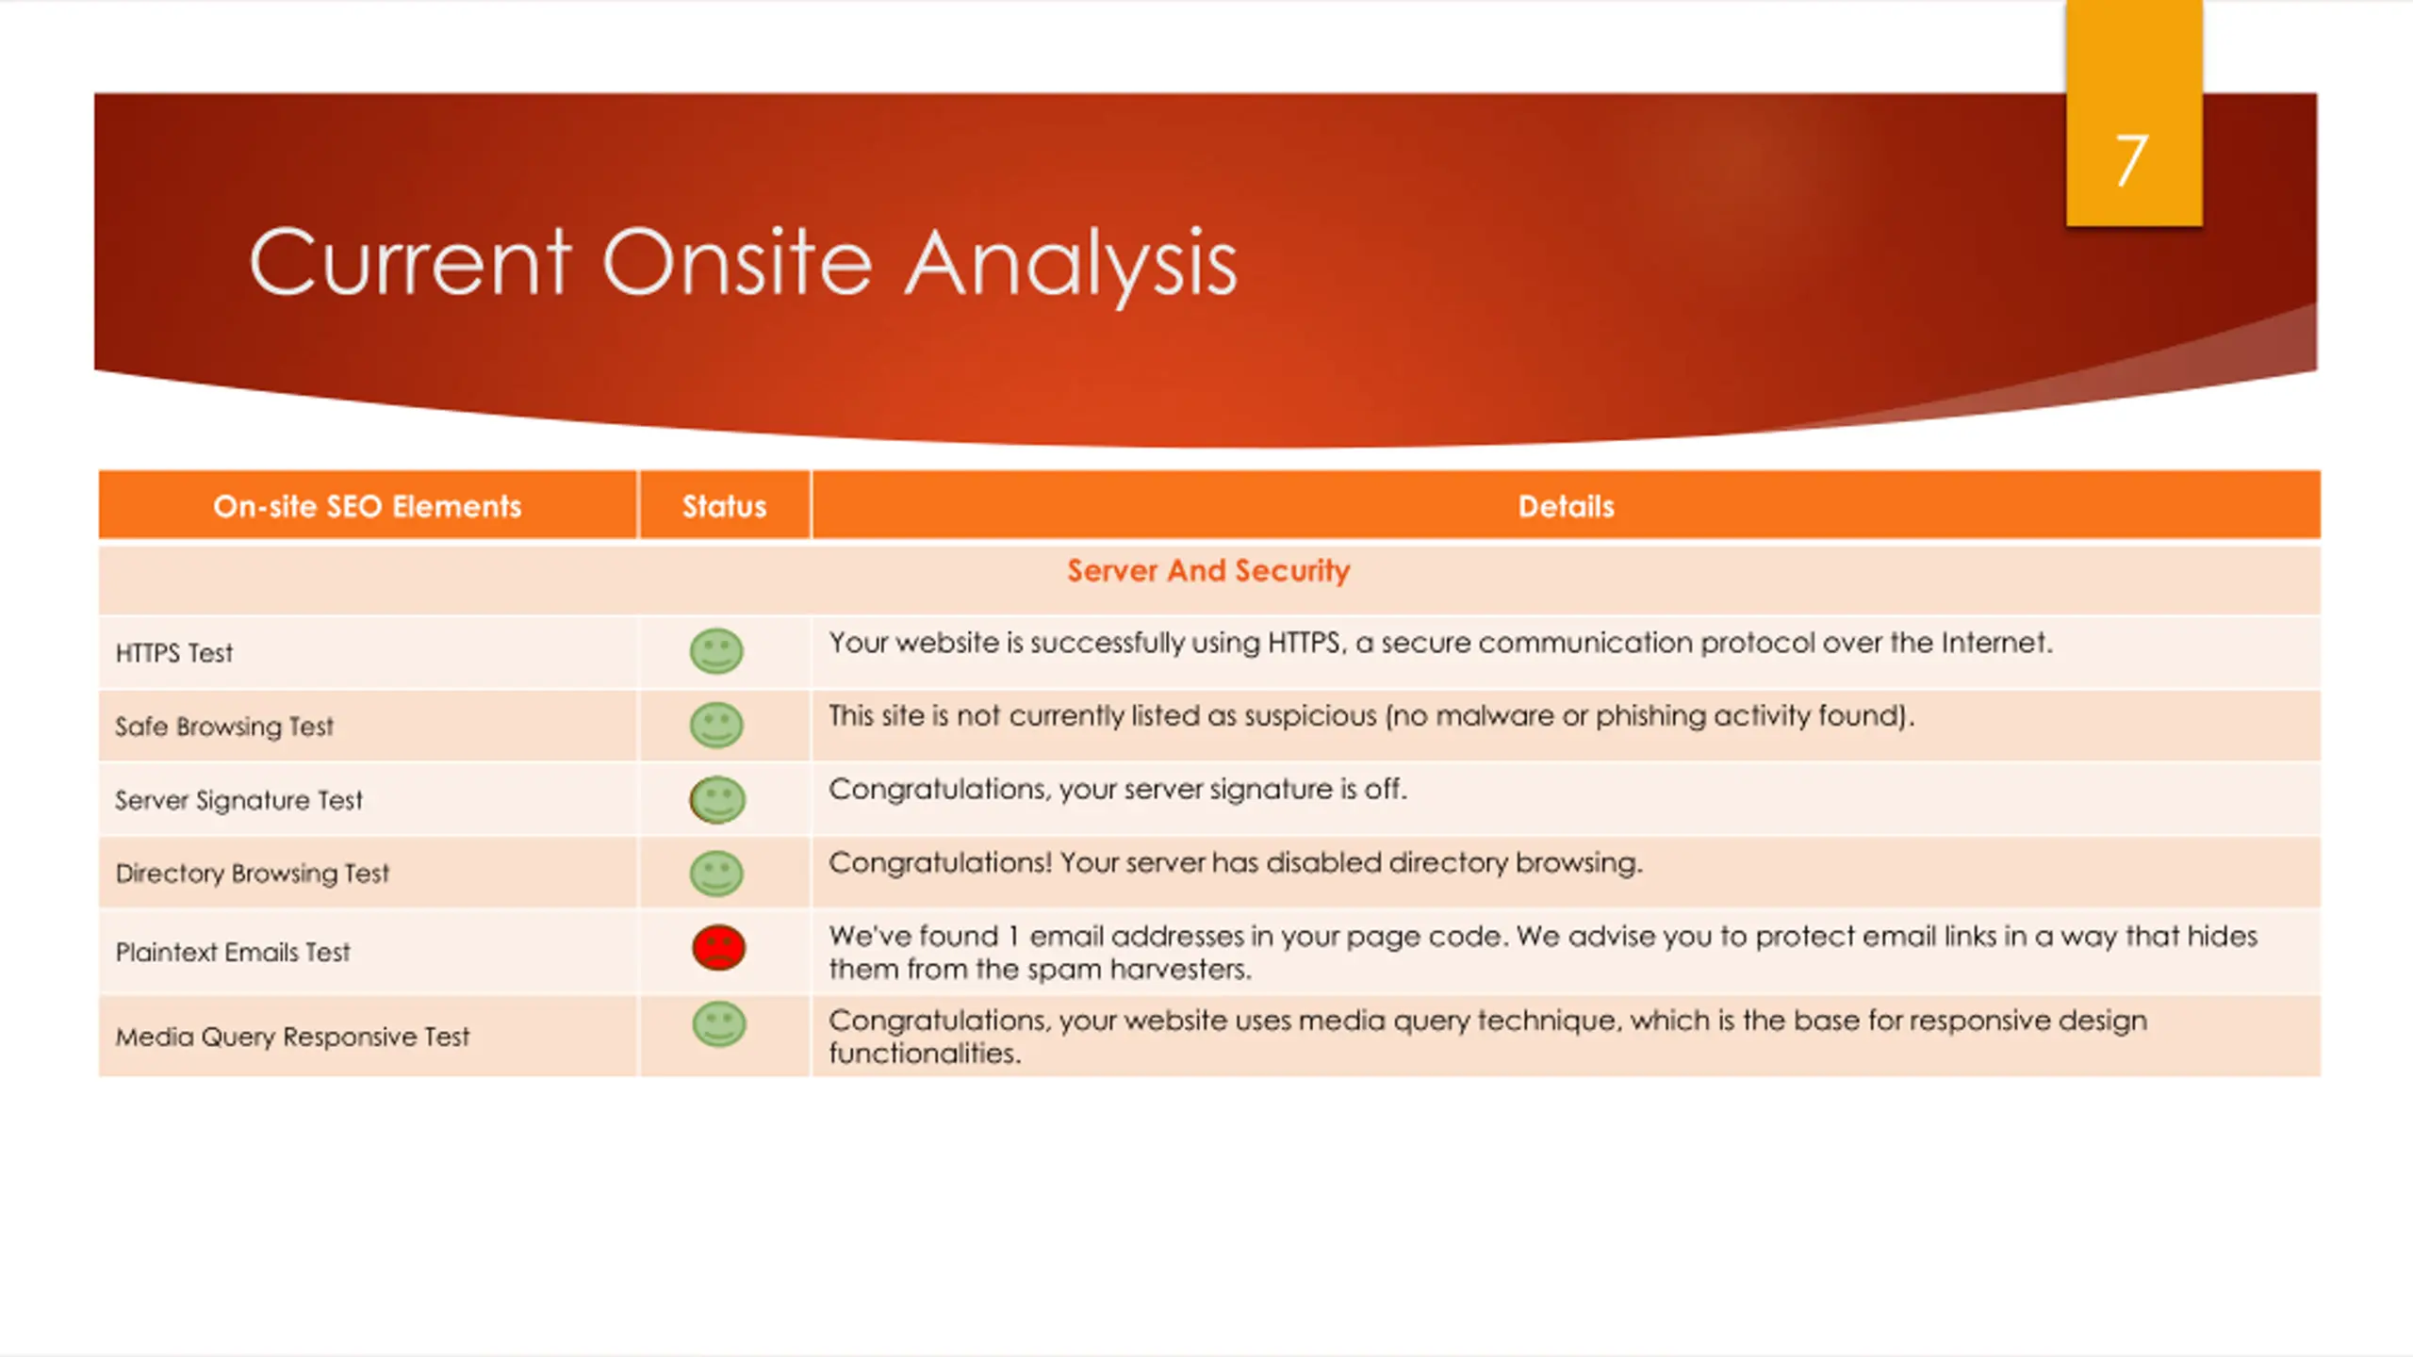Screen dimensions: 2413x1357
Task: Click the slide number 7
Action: point(2131,160)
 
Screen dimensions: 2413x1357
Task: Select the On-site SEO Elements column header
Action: point(367,507)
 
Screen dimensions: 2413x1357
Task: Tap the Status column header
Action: point(724,507)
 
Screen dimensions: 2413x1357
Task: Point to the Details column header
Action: point(1566,507)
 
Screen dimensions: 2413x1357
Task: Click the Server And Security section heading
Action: point(1208,571)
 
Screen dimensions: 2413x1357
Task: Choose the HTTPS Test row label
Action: point(174,653)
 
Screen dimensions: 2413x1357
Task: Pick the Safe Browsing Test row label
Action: point(224,727)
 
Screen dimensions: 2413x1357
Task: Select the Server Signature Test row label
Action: point(238,800)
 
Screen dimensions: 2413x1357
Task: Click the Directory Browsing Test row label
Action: point(252,874)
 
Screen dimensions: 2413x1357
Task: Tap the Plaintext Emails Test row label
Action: point(232,953)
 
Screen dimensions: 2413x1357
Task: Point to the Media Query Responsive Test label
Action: point(292,1037)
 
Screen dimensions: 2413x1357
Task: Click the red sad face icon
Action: point(718,947)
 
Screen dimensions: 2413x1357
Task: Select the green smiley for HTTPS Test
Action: point(716,651)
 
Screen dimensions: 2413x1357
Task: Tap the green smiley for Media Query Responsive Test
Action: point(719,1024)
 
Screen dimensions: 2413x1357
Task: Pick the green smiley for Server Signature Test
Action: point(717,799)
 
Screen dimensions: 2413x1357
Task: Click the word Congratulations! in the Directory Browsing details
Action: point(940,863)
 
